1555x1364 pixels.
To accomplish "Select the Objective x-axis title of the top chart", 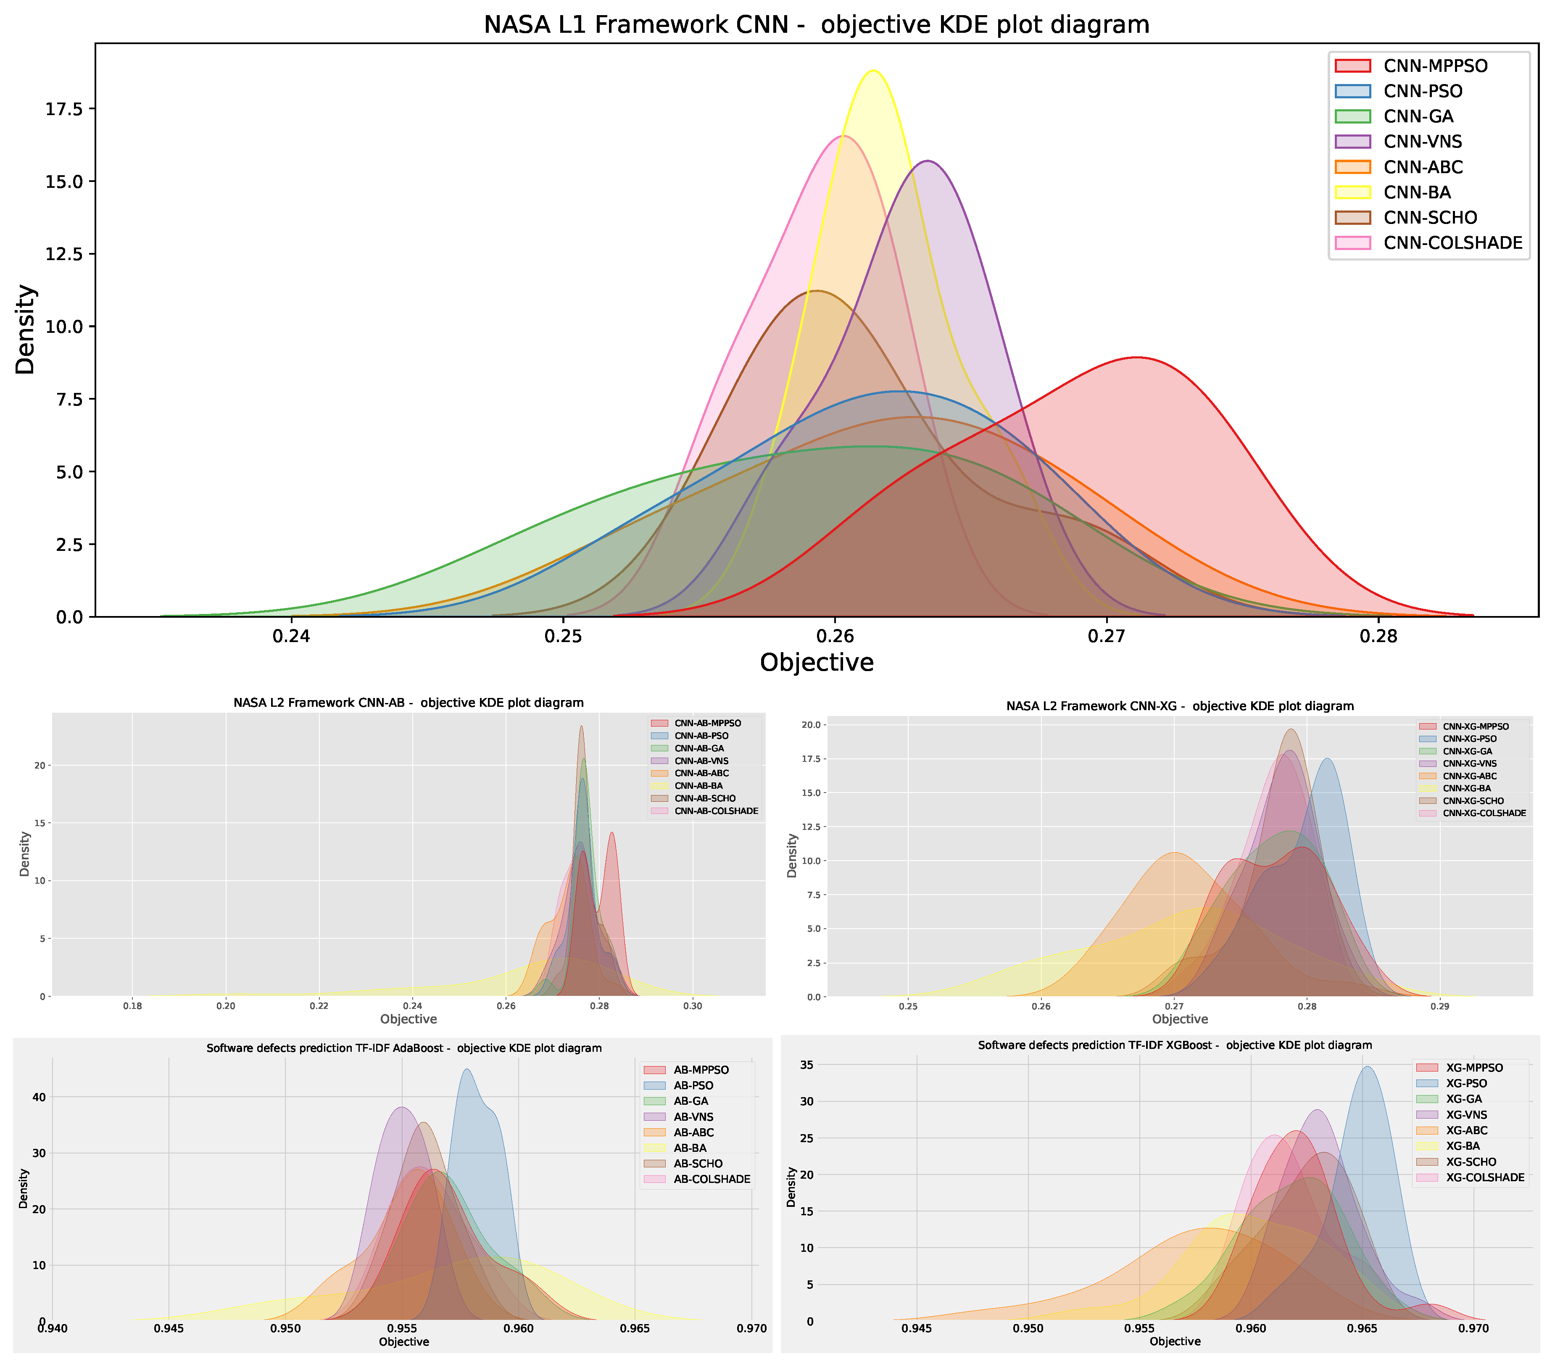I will (816, 663).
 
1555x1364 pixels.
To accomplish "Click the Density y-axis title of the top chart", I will (25, 329).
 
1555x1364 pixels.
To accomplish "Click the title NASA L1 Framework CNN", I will (816, 25).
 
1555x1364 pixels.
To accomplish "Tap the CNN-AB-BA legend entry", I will (698, 786).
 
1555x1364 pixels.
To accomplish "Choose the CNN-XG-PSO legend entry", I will (1469, 739).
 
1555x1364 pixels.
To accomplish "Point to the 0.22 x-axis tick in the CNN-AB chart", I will (319, 1006).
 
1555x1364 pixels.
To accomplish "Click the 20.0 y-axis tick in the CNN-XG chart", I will (811, 725).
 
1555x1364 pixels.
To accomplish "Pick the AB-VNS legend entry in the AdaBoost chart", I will (693, 1117).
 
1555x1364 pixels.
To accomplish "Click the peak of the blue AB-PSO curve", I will (466, 1069).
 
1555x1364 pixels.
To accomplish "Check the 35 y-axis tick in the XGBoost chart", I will (806, 1065).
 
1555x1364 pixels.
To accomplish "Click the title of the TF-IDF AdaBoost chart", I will (404, 1048).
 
